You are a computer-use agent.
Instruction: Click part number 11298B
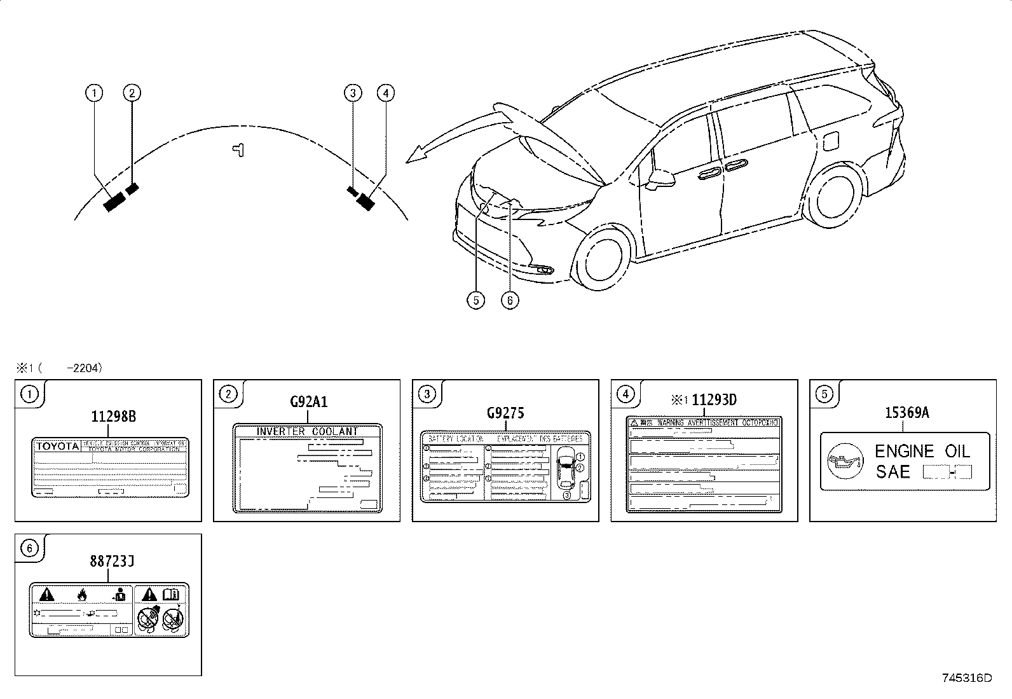113,417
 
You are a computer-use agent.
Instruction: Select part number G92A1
308,402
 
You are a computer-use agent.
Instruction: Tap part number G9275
505,413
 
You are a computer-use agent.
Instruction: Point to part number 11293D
713,400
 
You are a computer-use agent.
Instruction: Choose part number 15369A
906,413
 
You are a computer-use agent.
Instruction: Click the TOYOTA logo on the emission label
57,446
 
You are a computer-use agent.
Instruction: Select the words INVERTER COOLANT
308,431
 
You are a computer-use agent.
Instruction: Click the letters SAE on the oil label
892,472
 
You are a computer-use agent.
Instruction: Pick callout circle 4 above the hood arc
385,93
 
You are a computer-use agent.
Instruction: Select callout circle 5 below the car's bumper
475,300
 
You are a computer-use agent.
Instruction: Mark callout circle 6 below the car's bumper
510,300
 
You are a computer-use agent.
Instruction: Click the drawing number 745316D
966,678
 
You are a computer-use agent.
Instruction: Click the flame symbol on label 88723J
81,595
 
